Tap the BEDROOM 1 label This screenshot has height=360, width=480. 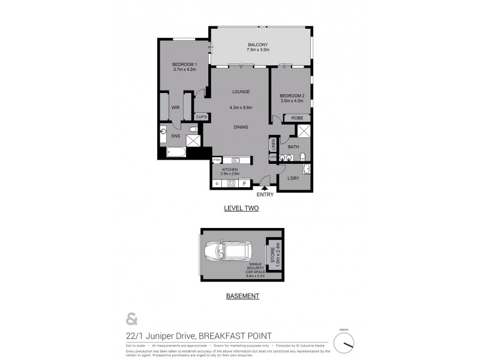point(184,65)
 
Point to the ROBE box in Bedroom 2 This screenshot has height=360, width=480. point(296,118)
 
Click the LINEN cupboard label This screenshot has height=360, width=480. point(273,143)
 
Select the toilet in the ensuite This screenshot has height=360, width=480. point(193,130)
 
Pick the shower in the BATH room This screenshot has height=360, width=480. point(304,132)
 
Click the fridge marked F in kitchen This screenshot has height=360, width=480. point(244,182)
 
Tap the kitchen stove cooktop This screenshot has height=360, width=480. point(229,182)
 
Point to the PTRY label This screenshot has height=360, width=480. point(217,160)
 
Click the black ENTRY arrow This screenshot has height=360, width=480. point(265,188)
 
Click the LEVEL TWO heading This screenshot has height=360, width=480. point(240,208)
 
